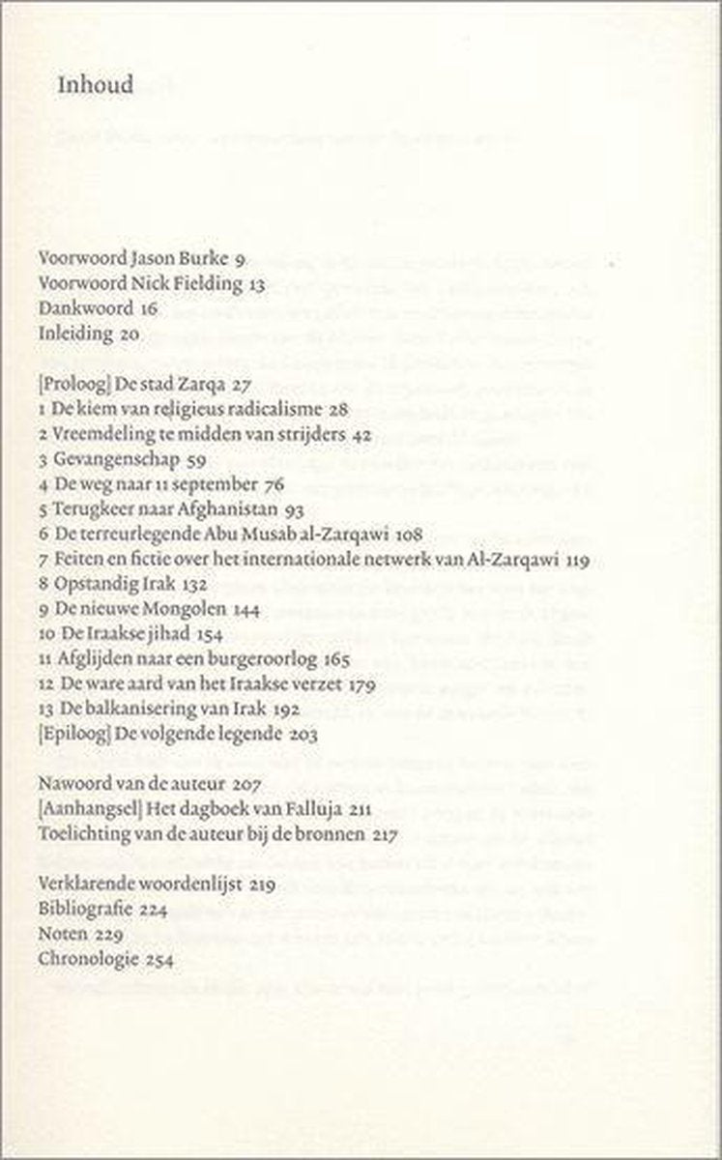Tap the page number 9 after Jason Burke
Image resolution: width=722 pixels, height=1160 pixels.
(239, 260)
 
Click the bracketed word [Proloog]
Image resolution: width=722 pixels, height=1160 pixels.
(73, 384)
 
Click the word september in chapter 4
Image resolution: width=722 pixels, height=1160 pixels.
(217, 484)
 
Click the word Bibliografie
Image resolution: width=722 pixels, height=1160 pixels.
(82, 909)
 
